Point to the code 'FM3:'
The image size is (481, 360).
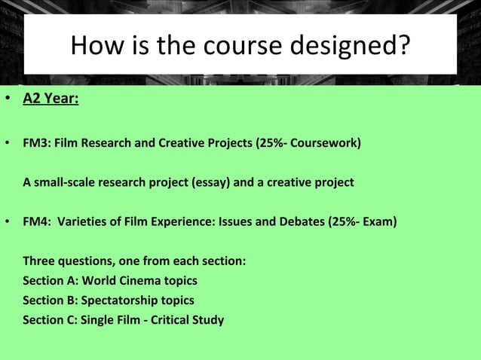click(35, 142)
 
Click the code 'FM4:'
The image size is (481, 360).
click(35, 222)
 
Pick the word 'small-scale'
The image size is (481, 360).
click(65, 182)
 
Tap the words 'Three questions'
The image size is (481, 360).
click(67, 261)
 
